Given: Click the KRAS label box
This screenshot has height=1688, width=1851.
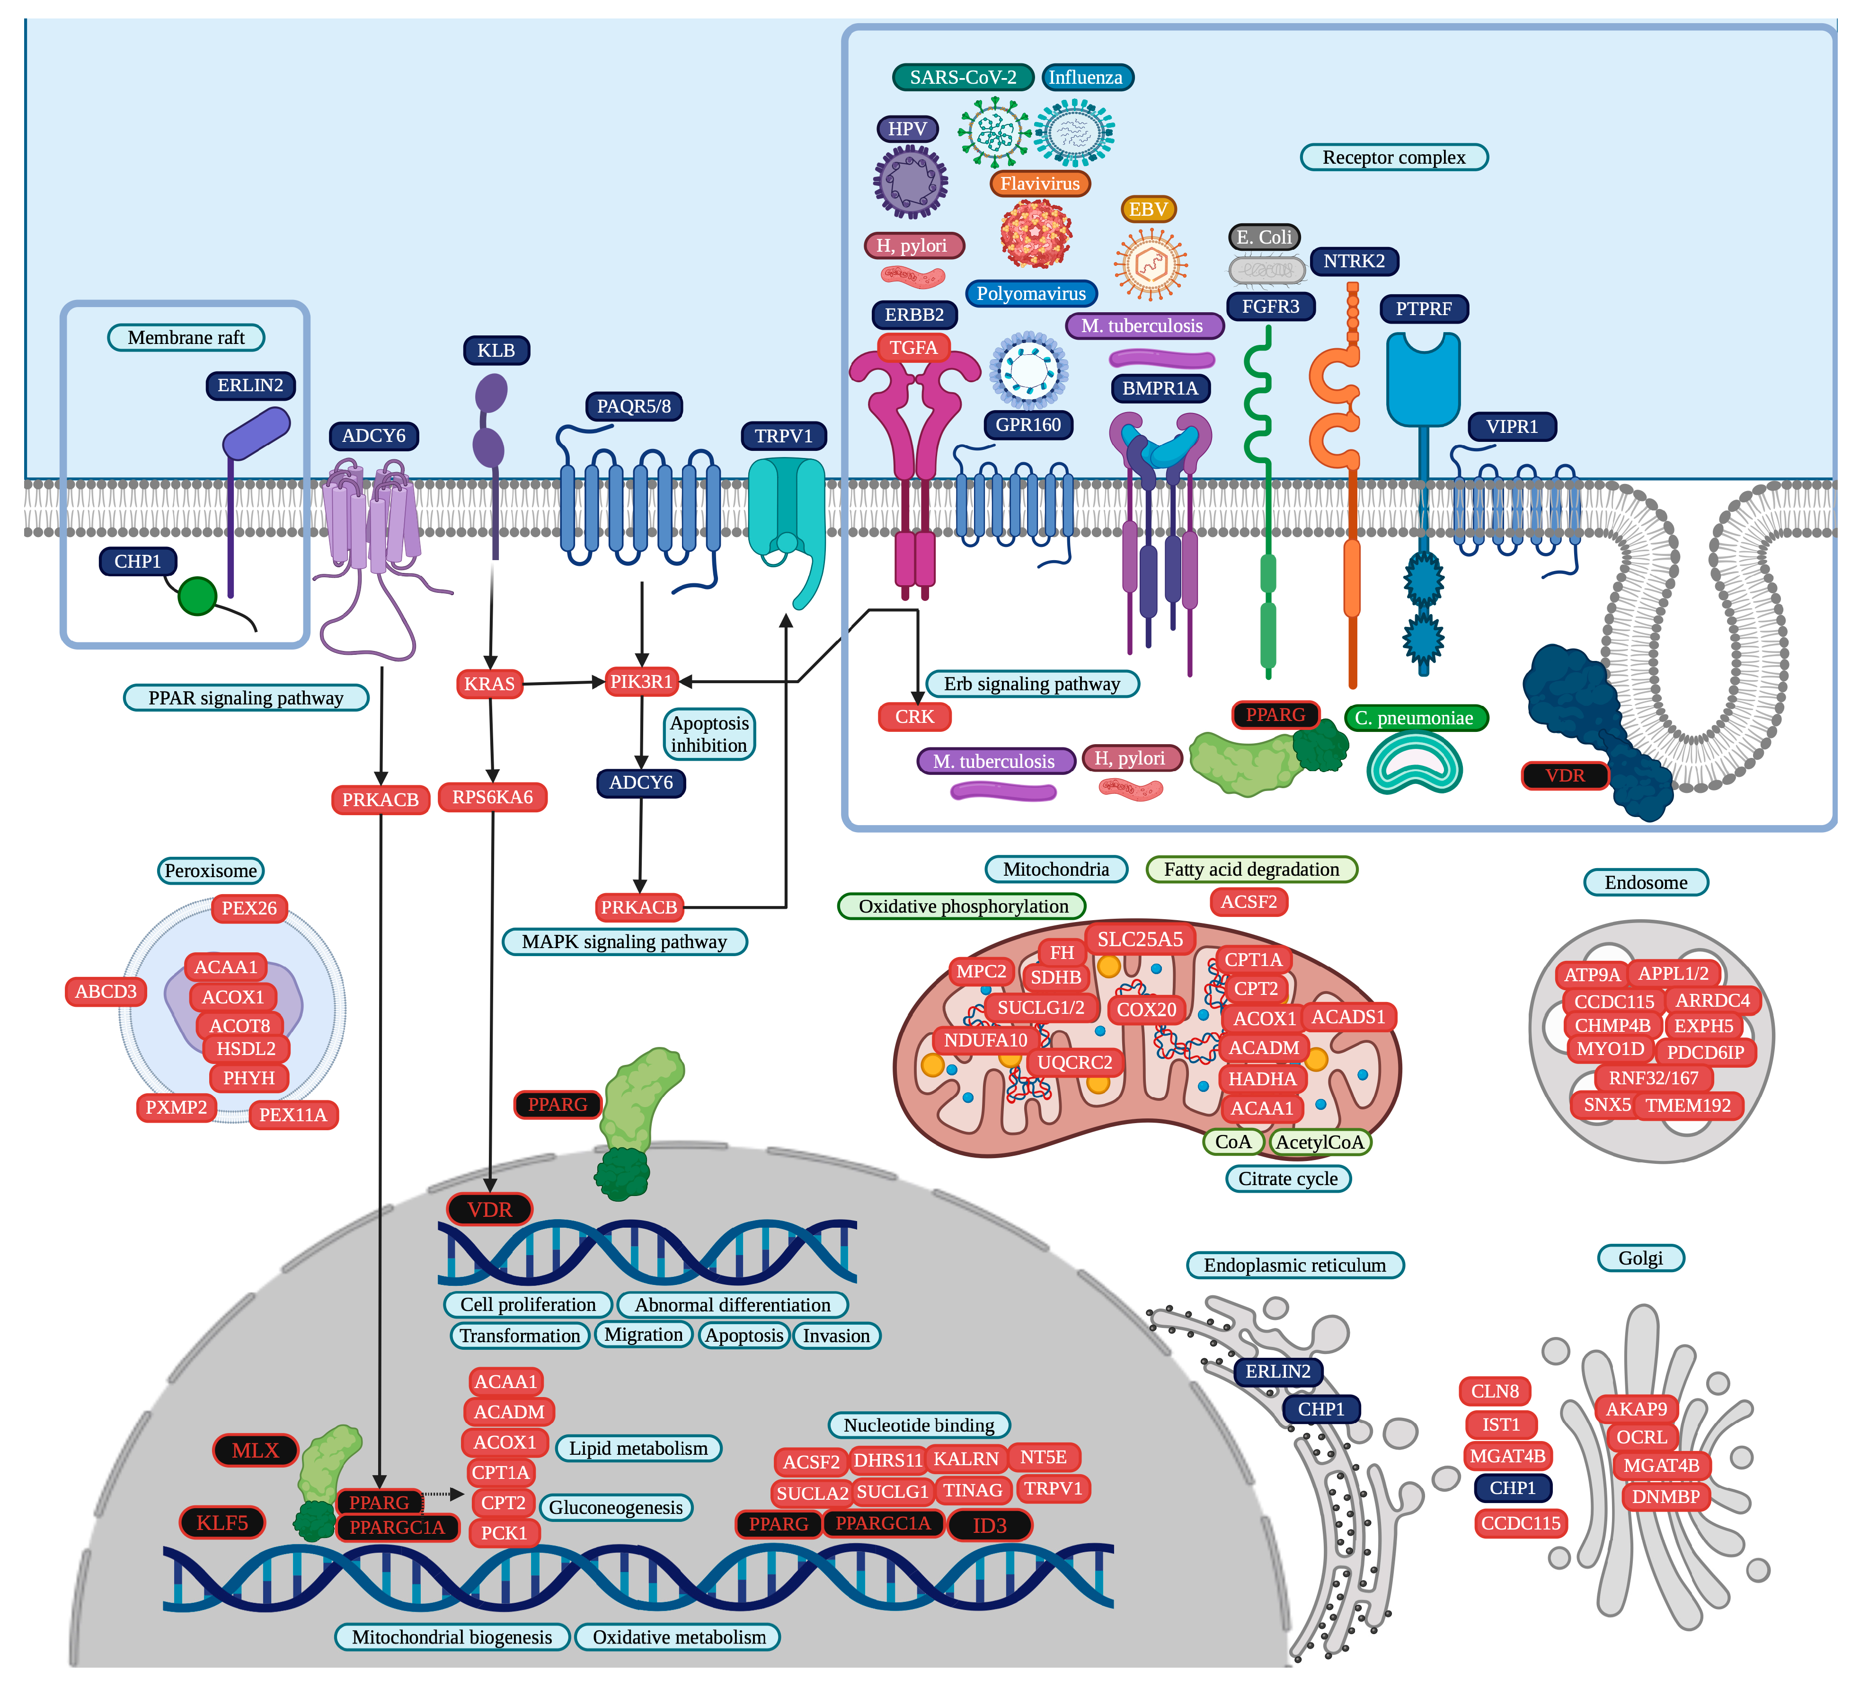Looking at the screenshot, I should point(489,684).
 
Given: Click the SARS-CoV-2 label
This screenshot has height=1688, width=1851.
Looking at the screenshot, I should point(963,77).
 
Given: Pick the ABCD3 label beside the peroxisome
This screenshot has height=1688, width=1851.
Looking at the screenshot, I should point(106,991).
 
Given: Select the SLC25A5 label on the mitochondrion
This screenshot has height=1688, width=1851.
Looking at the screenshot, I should point(1140,939).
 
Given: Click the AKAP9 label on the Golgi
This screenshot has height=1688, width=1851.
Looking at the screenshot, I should point(1635,1409).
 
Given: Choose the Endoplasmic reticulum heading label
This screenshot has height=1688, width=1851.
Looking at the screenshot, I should point(1294,1265).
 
